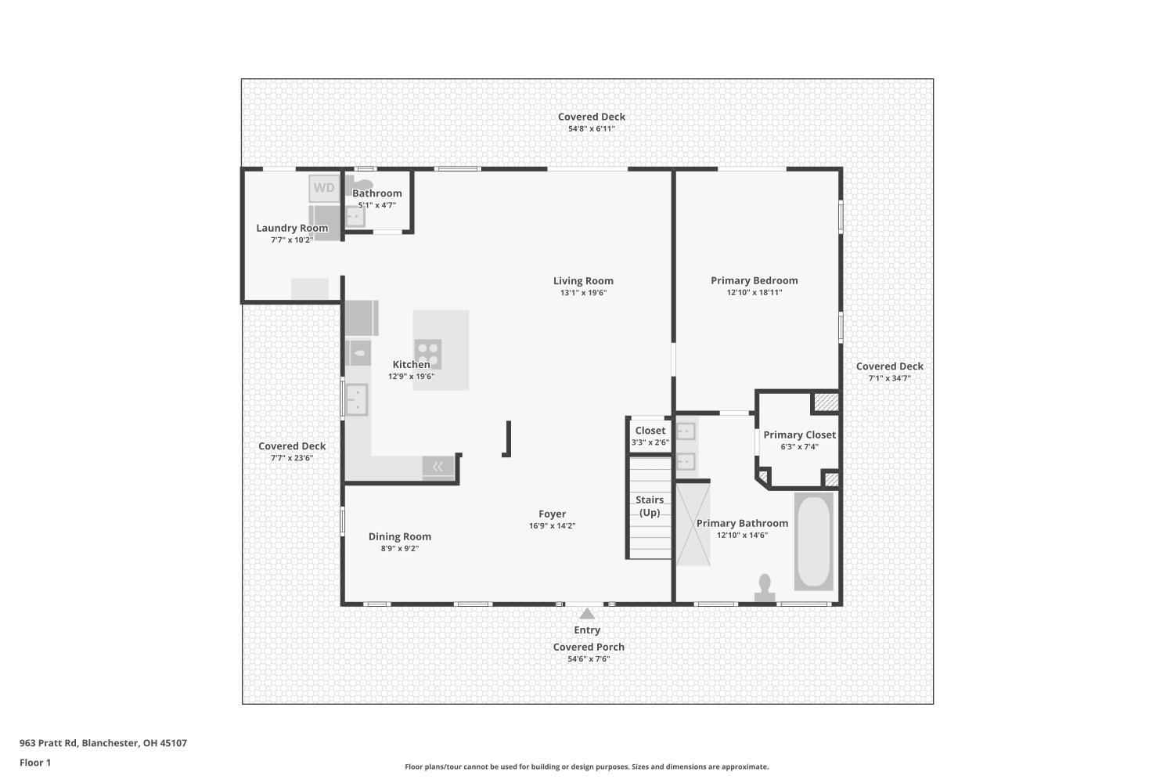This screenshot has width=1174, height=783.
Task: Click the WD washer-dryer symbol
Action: [x=324, y=188]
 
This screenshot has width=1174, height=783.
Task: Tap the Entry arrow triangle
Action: [x=587, y=613]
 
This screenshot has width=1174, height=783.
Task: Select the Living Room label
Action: [x=583, y=280]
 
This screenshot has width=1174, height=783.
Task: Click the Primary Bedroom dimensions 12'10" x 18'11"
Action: [x=754, y=293]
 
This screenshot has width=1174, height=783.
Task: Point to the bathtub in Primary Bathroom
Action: [x=813, y=541]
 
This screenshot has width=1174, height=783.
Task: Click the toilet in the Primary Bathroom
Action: [x=765, y=588]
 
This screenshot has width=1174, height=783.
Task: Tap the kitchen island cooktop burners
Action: [x=427, y=354]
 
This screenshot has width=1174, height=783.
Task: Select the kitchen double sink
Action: [x=356, y=399]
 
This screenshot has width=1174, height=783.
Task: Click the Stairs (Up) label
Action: [x=650, y=506]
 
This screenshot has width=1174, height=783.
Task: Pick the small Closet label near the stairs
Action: [x=650, y=431]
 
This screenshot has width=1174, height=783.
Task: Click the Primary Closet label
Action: [x=799, y=435]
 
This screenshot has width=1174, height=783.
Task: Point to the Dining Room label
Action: [x=400, y=536]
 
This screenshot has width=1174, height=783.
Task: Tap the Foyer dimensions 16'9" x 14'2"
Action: [x=553, y=526]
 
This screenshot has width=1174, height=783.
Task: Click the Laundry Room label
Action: [x=292, y=228]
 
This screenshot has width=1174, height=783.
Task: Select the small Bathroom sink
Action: [x=355, y=217]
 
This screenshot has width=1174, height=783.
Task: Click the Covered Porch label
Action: [x=589, y=647]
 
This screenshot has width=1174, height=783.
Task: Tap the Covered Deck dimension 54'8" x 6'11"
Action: [x=591, y=129]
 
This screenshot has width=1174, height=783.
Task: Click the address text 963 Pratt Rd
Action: [x=49, y=742]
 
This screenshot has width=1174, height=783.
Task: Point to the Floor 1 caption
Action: [x=35, y=763]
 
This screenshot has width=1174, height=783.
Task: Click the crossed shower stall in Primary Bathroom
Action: [x=693, y=525]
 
